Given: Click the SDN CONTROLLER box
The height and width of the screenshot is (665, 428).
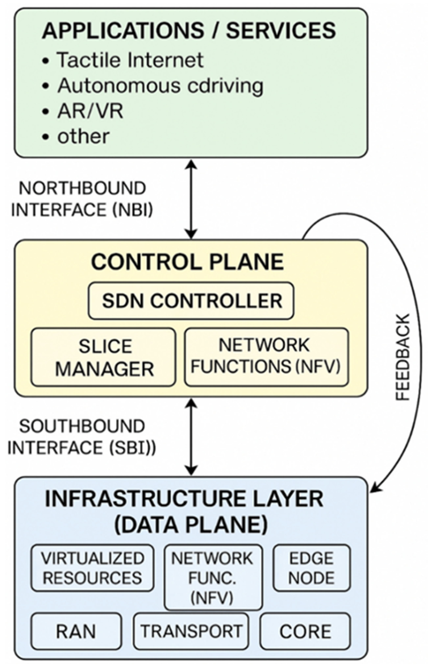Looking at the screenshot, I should pos(191,300).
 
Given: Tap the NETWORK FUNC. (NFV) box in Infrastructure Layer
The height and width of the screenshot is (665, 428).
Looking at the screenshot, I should pos(213,577).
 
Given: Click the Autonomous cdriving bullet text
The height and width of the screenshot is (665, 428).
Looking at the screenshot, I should pos(160,86).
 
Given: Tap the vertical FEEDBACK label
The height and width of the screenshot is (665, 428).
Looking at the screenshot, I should pos(403,358).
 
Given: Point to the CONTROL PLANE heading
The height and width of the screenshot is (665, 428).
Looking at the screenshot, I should pos(188,262).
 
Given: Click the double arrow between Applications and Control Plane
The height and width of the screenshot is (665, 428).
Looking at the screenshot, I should pos(191,199).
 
